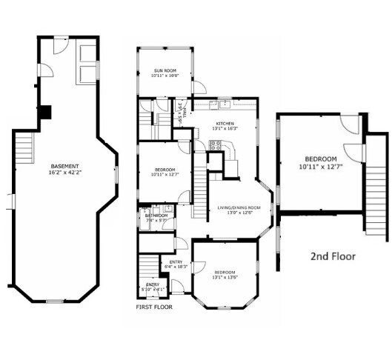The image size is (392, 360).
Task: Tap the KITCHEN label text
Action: pos(225,123)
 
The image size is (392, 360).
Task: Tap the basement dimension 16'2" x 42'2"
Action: pos(66,172)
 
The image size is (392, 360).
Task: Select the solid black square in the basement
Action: pos(46,113)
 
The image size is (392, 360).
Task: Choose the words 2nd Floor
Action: pos(332,256)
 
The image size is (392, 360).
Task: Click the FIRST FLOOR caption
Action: pos(154,305)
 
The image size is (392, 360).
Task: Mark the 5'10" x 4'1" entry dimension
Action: pos(152,290)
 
